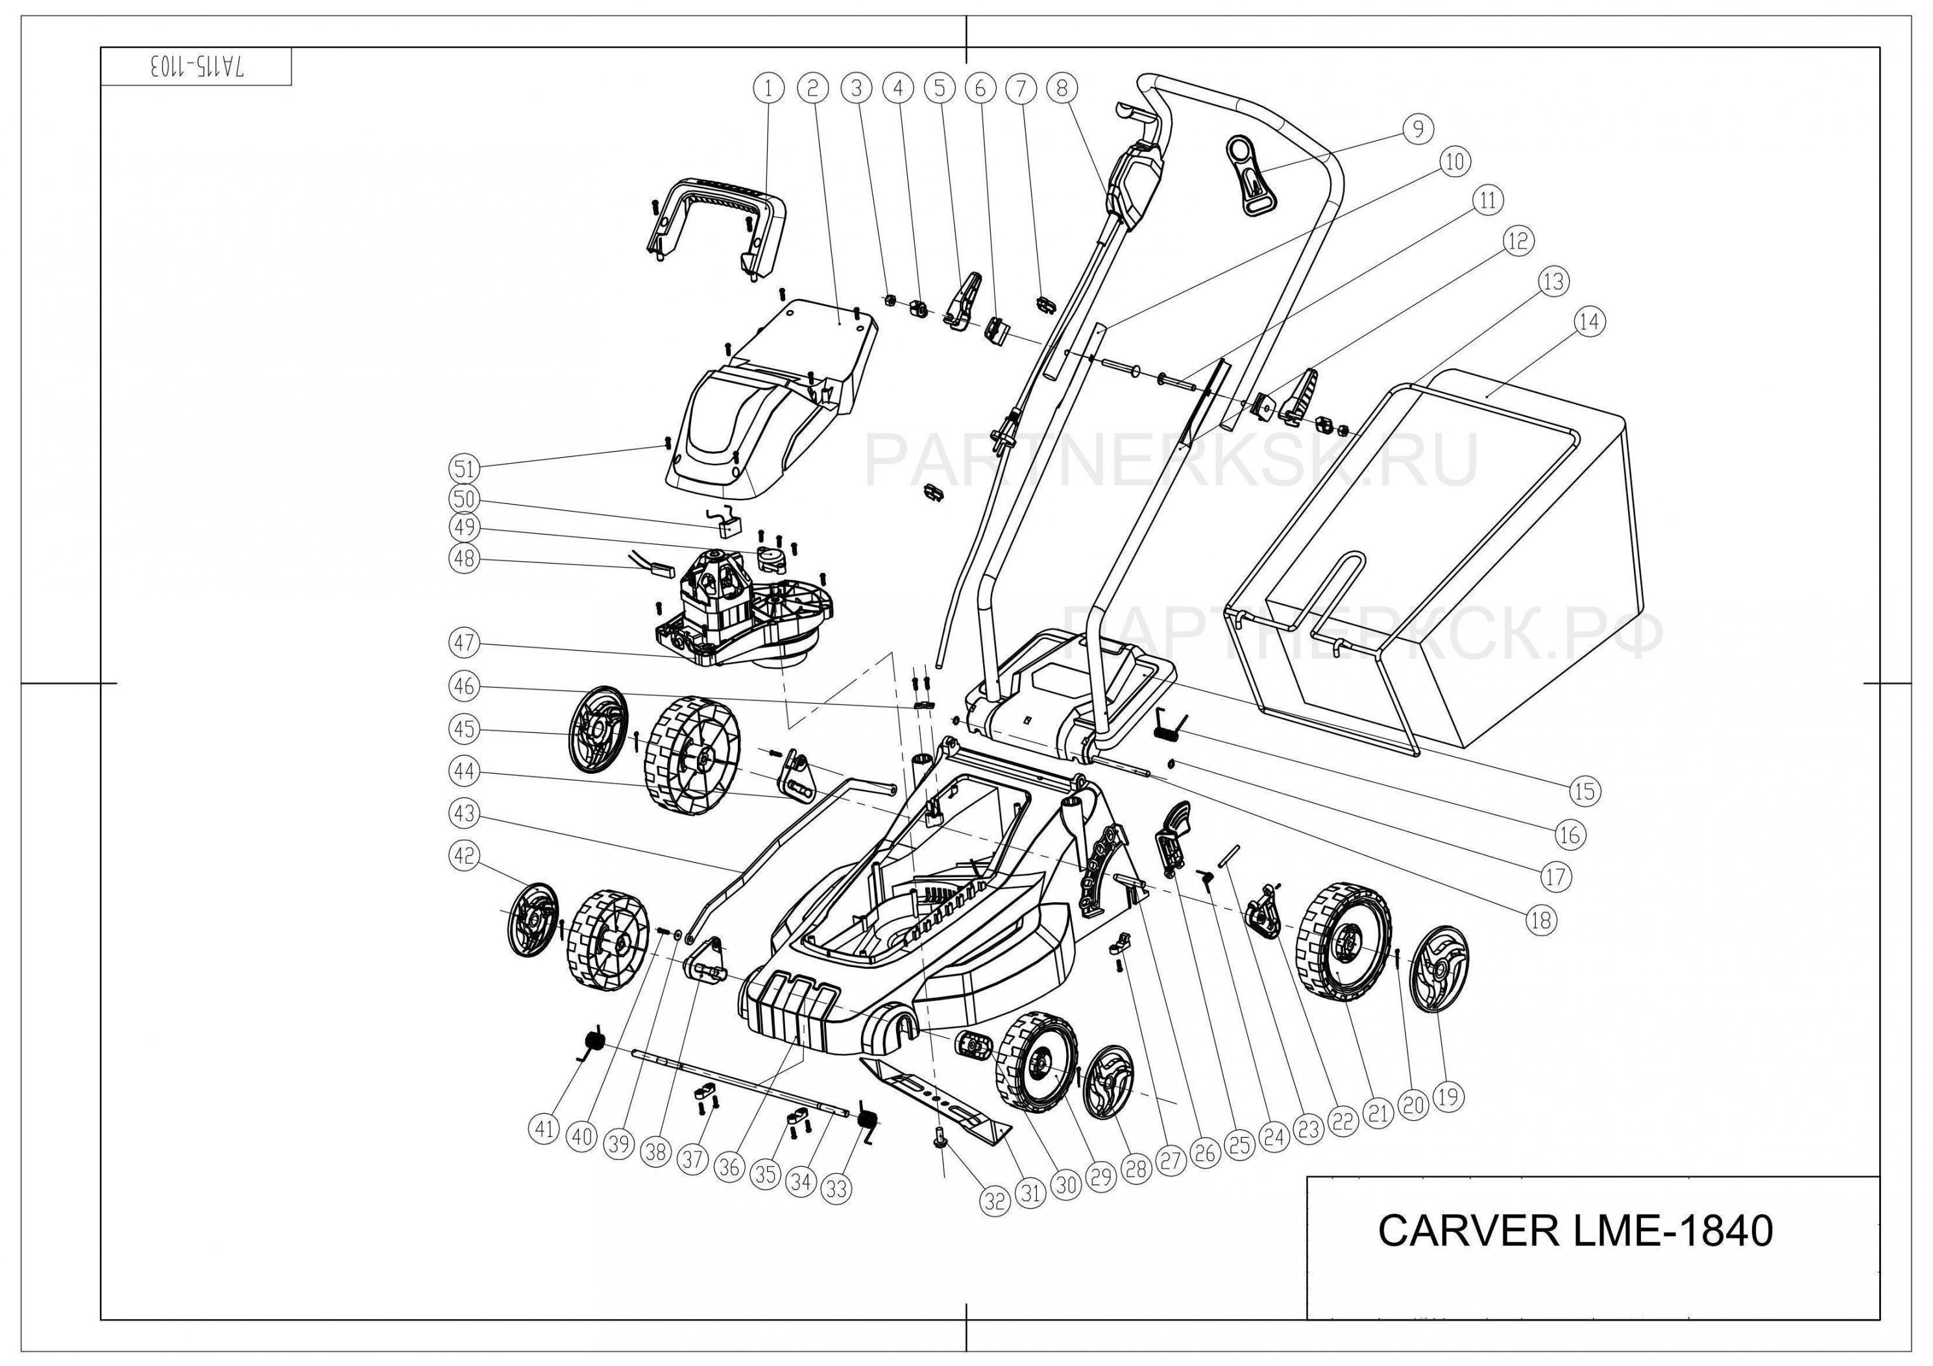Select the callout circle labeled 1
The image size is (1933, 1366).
(769, 87)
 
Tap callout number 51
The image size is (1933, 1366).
(463, 468)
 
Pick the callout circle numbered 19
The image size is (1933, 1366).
(1447, 1096)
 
